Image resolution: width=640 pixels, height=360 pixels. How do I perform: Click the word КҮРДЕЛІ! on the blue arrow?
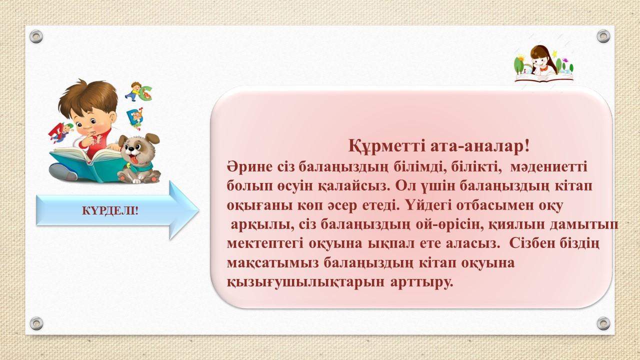(110, 211)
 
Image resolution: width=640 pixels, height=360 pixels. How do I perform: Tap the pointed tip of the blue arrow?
(199, 210)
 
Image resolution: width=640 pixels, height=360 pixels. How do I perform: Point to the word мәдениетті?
(548, 166)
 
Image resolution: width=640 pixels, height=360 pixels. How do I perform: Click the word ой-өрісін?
(451, 225)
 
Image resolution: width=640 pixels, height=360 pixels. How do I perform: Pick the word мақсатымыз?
(272, 263)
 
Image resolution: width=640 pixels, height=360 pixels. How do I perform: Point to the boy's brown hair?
(87, 97)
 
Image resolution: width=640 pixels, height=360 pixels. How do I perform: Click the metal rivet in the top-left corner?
(36, 36)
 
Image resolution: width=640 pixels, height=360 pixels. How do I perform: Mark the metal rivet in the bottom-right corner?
(603, 323)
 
